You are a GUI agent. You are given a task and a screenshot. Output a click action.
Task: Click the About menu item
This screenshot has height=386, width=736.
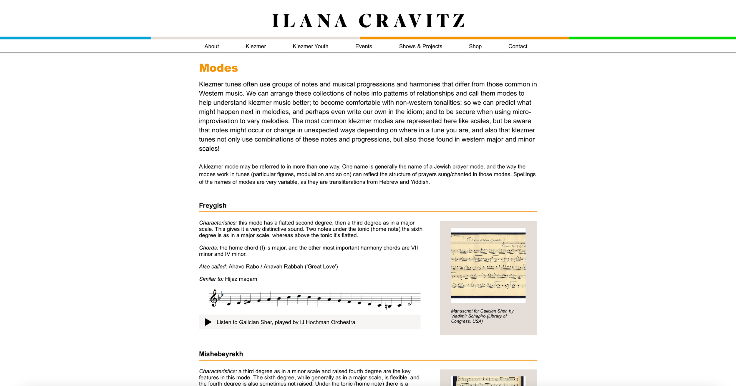pos(211,46)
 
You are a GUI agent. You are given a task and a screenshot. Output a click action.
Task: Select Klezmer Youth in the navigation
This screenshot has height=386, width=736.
pos(310,46)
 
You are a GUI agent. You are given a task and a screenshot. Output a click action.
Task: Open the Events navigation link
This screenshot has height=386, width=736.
pos(364,46)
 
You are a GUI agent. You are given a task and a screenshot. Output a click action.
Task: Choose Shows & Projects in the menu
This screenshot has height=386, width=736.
pos(420,46)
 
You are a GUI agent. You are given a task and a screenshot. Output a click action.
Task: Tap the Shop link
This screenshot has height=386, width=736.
pos(475,46)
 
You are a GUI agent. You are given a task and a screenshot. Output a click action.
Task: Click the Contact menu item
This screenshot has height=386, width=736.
pos(518,46)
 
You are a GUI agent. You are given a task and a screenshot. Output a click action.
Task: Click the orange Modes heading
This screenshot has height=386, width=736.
pos(218,68)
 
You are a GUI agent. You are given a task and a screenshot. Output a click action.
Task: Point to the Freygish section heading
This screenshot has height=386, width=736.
pos(213,205)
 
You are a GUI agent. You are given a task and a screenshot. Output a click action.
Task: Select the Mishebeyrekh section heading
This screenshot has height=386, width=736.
pos(221,354)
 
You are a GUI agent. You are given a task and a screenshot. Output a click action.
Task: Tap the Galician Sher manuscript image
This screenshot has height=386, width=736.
pos(488,265)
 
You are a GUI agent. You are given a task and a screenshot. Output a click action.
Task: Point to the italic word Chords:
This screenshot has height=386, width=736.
pos(208,248)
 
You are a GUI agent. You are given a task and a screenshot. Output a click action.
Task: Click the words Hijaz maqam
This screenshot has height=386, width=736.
pos(241,279)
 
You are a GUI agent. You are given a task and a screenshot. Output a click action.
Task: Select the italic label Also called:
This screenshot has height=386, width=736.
pos(213,267)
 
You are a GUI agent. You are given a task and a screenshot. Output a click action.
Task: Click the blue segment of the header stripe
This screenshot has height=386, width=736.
pos(75,38)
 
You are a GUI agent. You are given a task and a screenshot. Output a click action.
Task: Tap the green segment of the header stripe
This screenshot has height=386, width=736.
pos(652,38)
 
